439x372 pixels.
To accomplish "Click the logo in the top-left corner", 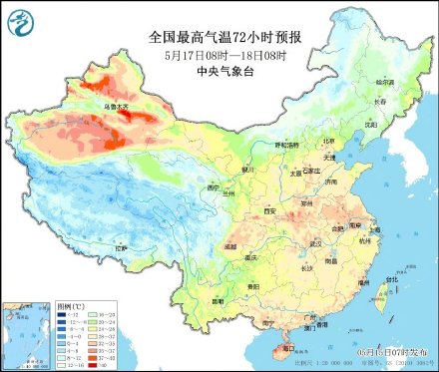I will tap(19, 20).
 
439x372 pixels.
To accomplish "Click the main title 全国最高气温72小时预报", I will tap(220, 36).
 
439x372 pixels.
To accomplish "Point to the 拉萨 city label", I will tap(121, 247).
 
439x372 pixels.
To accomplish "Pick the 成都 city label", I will tap(230, 243).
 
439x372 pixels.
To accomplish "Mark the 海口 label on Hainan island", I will tap(289, 349).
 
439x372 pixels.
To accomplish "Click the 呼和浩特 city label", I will tap(286, 146).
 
